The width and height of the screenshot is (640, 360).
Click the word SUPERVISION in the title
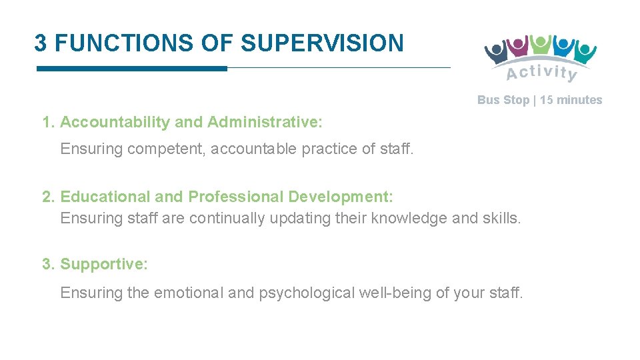click(x=322, y=43)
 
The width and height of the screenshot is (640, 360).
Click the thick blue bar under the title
click(x=131, y=68)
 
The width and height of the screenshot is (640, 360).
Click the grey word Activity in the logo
click(x=541, y=72)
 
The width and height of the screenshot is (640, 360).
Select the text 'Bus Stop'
click(x=503, y=100)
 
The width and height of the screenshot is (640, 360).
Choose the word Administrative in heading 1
click(x=265, y=123)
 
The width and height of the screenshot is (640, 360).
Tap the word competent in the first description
click(x=166, y=149)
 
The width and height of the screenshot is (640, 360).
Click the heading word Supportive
click(x=104, y=264)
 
